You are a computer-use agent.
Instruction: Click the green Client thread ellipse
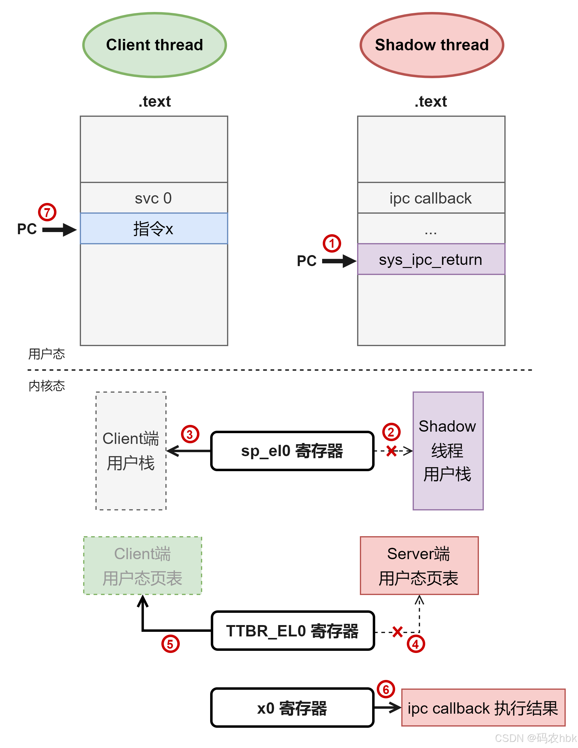pyautogui.click(x=154, y=45)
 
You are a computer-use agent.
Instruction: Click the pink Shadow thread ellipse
pyautogui.click(x=432, y=45)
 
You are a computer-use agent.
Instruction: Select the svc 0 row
pyautogui.click(x=154, y=198)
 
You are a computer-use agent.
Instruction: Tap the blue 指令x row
pyautogui.click(x=154, y=228)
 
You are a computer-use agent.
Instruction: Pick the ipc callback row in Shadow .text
pyautogui.click(x=431, y=198)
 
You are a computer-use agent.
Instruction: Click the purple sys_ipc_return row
pyautogui.click(x=431, y=259)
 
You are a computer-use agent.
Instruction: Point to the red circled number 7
pyautogui.click(x=47, y=212)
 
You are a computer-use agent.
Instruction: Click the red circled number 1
pyautogui.click(x=332, y=243)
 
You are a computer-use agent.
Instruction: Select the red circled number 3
pyautogui.click(x=190, y=434)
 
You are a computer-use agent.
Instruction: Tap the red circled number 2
pyautogui.click(x=391, y=432)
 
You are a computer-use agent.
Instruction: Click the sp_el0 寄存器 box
pyautogui.click(x=292, y=451)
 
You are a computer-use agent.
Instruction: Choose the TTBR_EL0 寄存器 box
pyautogui.click(x=292, y=631)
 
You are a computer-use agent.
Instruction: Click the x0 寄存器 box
pyautogui.click(x=292, y=708)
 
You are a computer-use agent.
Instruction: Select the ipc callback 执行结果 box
pyautogui.click(x=483, y=708)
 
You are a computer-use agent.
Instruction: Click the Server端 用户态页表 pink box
pyautogui.click(x=419, y=566)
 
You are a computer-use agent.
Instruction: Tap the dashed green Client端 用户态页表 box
pyautogui.click(x=143, y=566)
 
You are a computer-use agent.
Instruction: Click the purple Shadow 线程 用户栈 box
pyautogui.click(x=448, y=451)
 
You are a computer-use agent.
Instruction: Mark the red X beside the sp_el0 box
pyautogui.click(x=391, y=451)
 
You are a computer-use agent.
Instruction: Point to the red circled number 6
pyautogui.click(x=386, y=689)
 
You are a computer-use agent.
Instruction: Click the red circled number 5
pyautogui.click(x=170, y=644)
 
